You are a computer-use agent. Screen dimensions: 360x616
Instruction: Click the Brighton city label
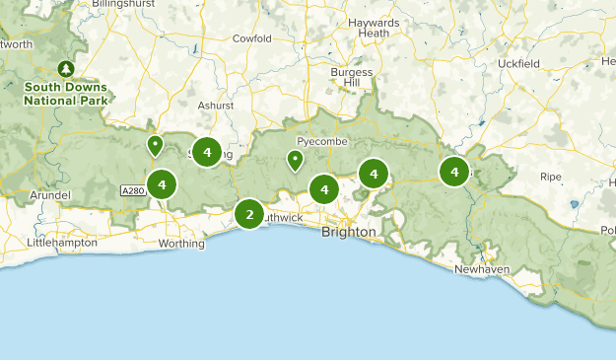(348, 232)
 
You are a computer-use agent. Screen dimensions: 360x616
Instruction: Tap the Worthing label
(181, 243)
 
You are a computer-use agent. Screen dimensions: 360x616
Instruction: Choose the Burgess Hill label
(351, 78)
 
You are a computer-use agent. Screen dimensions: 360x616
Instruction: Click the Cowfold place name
(251, 39)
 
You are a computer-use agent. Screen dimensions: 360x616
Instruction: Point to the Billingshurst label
(125, 5)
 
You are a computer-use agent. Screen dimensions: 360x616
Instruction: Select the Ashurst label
(216, 106)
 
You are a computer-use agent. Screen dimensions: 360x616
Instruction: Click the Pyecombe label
(315, 142)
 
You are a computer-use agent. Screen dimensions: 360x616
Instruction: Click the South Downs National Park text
(67, 93)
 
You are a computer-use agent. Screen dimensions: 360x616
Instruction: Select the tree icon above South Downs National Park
(66, 68)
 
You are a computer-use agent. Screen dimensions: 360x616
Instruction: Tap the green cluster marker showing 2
(249, 214)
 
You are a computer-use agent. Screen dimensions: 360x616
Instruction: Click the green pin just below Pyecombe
(295, 161)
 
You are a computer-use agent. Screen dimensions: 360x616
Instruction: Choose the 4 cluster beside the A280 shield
(162, 183)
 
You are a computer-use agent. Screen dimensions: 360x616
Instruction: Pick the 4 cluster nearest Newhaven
(454, 172)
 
